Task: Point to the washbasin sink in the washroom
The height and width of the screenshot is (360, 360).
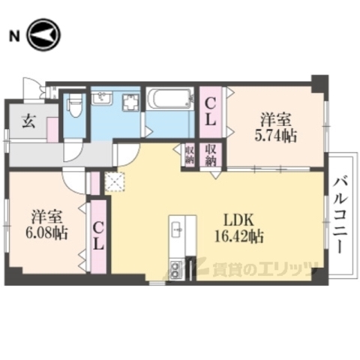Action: pyautogui.click(x=102, y=99)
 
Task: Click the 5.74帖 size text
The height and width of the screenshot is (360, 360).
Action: pyautogui.click(x=277, y=136)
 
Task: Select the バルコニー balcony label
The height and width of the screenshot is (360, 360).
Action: pyautogui.click(x=342, y=215)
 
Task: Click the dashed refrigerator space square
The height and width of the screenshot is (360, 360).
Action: pyautogui.click(x=115, y=181)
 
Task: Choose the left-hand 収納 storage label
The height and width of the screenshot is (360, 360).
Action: pyautogui.click(x=190, y=154)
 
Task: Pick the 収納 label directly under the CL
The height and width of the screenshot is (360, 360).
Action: pyautogui.click(x=211, y=154)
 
